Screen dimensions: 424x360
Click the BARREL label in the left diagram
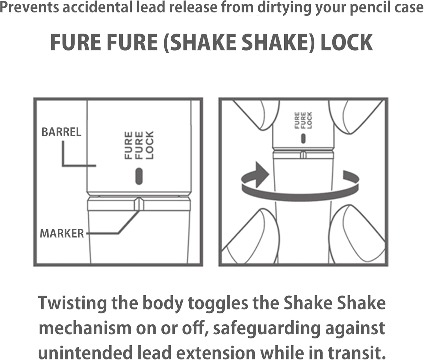coord(61,132)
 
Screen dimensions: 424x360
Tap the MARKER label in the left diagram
coord(62,234)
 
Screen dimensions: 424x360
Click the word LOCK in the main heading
coord(347,43)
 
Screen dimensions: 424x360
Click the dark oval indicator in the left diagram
coord(139,176)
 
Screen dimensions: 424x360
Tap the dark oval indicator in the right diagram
coord(303,139)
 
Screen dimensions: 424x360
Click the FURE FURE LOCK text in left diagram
coord(139,145)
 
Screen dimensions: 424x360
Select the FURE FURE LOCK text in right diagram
coord(303,120)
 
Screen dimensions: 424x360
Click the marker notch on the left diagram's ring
coord(139,204)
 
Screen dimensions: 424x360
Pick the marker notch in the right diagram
coord(303,154)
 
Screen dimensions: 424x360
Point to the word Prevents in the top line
coord(29,7)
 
